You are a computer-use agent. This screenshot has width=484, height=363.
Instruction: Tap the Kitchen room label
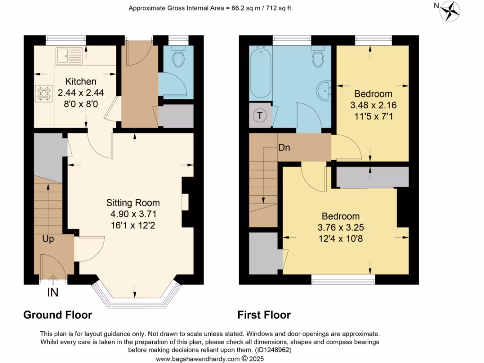click(x=81, y=81)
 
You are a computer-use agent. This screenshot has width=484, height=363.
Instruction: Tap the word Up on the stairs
click(x=48, y=239)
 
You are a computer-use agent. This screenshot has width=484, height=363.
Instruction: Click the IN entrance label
click(x=52, y=293)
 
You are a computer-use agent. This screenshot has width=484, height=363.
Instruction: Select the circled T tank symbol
click(x=260, y=115)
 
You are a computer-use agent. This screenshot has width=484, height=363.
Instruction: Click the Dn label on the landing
click(x=284, y=147)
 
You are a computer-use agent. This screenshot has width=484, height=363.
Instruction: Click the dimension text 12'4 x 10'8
click(x=341, y=238)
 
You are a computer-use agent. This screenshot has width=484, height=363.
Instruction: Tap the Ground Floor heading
click(x=58, y=315)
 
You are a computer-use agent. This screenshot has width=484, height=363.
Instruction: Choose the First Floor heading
click(x=264, y=315)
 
